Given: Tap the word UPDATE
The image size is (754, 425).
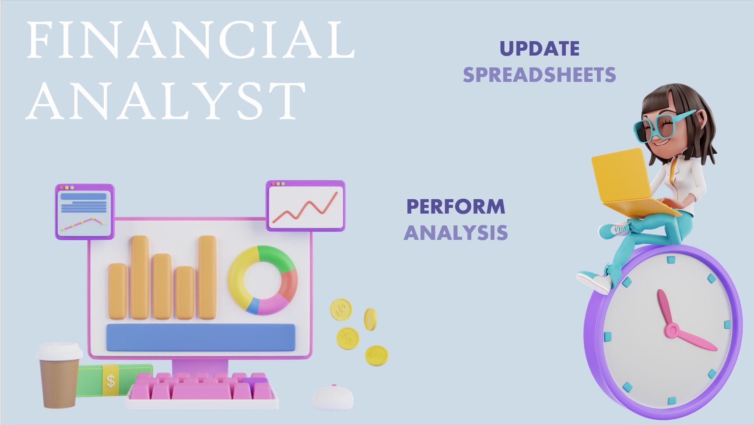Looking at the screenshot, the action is [540, 49].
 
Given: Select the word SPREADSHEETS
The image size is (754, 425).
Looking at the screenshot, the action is [540, 75].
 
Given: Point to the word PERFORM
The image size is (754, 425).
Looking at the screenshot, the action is [456, 207].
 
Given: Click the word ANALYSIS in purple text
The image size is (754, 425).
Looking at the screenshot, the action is [456, 232].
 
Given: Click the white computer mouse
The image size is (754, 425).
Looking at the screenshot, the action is [333, 397].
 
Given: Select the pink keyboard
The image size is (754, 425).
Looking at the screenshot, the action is [202, 391].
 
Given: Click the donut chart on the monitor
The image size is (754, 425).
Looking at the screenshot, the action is [263, 280].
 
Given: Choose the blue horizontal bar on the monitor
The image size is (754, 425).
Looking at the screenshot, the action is [201, 337].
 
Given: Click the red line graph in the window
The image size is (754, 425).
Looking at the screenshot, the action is [305, 207].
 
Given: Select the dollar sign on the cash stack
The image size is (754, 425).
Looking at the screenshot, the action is [111, 380].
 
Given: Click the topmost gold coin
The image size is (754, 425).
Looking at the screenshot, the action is [341, 309].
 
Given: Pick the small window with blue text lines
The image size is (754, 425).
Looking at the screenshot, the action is [85, 212].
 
